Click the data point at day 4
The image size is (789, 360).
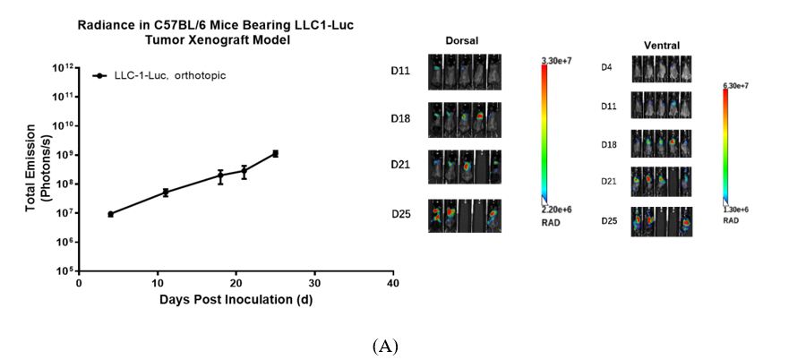(110, 214)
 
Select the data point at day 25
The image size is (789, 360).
(275, 153)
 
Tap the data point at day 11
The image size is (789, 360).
(166, 192)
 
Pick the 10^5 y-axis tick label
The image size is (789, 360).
(64, 270)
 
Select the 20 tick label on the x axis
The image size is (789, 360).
(236, 284)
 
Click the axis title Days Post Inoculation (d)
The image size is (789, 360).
(236, 299)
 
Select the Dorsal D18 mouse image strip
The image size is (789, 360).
(464, 118)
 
